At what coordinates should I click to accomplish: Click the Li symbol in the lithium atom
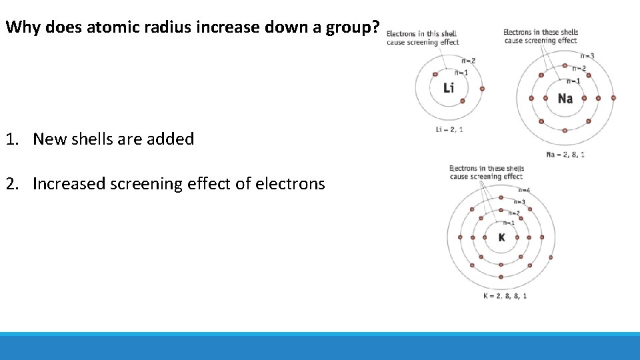point(449,87)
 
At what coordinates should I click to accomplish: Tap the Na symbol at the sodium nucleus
point(565,99)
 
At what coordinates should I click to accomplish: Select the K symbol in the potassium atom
point(501,238)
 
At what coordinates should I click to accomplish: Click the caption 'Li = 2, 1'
point(449,129)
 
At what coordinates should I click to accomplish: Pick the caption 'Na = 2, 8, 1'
point(565,155)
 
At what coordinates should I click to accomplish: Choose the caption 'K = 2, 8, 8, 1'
point(505,295)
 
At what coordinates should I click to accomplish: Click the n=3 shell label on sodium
point(587,56)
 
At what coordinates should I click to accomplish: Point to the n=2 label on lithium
point(468,61)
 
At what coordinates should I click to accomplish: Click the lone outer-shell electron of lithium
point(482,88)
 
